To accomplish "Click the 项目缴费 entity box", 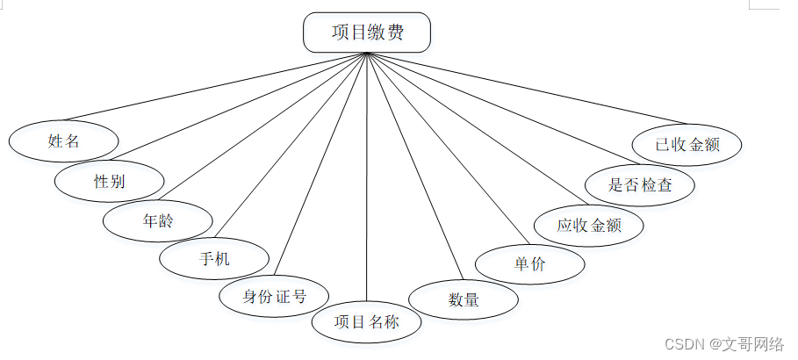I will pyautogui.click(x=366, y=32).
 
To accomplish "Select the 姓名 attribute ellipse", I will pyautogui.click(x=63, y=140).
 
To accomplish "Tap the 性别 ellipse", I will pyautogui.click(x=109, y=182).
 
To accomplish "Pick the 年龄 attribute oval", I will pyautogui.click(x=158, y=220).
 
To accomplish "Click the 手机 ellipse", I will pyautogui.click(x=214, y=259).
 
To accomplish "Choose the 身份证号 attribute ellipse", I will pyautogui.click(x=274, y=296).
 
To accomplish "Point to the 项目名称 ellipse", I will pyautogui.click(x=366, y=321).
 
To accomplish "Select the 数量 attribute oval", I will pyautogui.click(x=464, y=299).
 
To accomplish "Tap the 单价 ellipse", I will pyautogui.click(x=529, y=264).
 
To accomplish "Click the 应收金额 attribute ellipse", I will pyautogui.click(x=588, y=225).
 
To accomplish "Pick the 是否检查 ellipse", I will pyautogui.click(x=640, y=185).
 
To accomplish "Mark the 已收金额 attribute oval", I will pyautogui.click(x=687, y=145).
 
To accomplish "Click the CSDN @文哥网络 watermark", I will pyautogui.click(x=723, y=344).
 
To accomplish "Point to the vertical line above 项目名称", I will pyautogui.click(x=366, y=176).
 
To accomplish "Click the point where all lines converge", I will pyautogui.click(x=366, y=53).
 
